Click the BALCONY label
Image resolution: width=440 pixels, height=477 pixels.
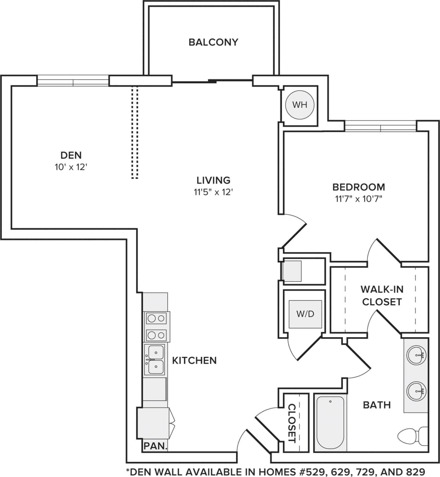click(213, 42)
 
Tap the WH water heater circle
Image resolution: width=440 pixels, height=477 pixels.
click(300, 105)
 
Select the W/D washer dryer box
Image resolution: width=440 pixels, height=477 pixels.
click(305, 314)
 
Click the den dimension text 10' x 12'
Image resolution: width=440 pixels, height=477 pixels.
click(71, 167)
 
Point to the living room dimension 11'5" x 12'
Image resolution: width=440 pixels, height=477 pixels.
click(213, 192)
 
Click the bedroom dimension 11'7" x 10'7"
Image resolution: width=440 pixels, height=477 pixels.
click(358, 199)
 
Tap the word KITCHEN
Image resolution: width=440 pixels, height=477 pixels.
click(194, 360)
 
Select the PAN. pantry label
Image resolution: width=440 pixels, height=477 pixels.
click(155, 445)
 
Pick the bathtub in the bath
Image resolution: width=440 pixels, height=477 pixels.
click(330, 423)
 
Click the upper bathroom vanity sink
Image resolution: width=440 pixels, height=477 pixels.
click(416, 356)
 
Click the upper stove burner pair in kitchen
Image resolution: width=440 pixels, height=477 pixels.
click(156, 318)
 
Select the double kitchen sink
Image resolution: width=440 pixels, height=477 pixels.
click(155, 360)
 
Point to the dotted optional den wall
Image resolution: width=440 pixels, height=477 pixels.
click(134, 132)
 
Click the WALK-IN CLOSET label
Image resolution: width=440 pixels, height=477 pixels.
click(382, 295)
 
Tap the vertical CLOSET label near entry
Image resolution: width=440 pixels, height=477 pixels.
click(292, 423)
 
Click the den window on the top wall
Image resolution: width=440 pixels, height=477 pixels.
click(73, 81)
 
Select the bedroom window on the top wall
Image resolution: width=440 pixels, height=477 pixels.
click(380, 126)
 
